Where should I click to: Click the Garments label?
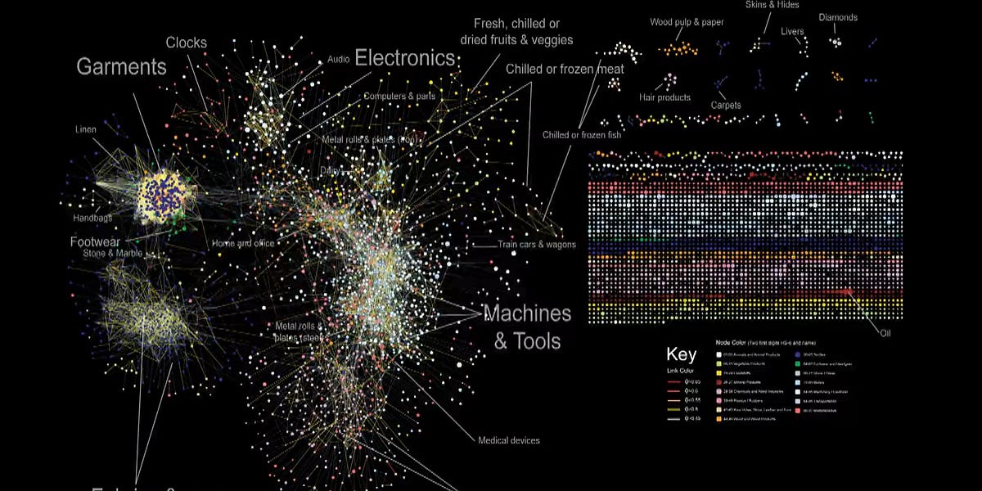point(122,67)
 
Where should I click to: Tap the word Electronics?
point(404,58)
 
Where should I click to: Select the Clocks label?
point(187,43)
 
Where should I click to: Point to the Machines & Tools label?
point(527,326)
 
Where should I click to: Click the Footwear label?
point(95,242)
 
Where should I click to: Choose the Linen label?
point(86,130)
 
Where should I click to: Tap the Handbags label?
point(92,218)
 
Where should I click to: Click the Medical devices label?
point(509,441)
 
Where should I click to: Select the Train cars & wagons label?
point(537,245)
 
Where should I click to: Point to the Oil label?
point(885,333)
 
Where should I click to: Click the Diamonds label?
point(839,17)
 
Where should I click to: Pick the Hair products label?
point(664,97)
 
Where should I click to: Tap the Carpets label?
point(726,106)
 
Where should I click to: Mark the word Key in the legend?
point(682,354)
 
